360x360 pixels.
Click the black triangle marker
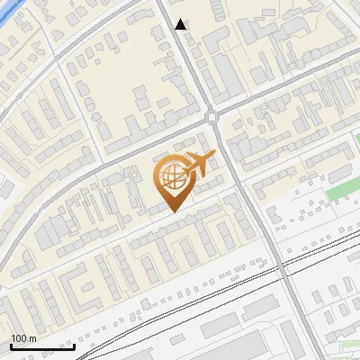pos(182,25)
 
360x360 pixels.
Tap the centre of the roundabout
pos(212,116)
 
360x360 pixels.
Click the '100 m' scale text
pos(23,338)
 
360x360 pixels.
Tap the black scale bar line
pos(42,346)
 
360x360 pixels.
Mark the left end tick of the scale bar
pos(11,345)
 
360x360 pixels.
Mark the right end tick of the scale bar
pos(74,345)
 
